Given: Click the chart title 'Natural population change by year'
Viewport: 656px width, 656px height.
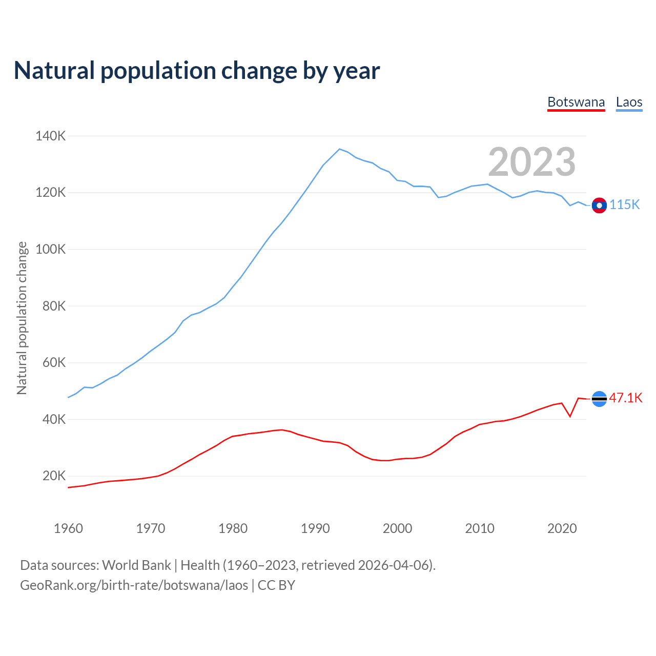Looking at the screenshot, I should pyautogui.click(x=197, y=71).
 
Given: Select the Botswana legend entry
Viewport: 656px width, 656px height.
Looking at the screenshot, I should pyautogui.click(x=576, y=102).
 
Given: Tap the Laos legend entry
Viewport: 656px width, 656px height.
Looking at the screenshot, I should pyautogui.click(x=629, y=102).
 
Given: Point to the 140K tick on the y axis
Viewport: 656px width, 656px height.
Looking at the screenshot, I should pyautogui.click(x=50, y=136).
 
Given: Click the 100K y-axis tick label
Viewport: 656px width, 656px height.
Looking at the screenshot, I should pyautogui.click(x=50, y=250).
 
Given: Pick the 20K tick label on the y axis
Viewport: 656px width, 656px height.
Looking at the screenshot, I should pyautogui.click(x=54, y=476).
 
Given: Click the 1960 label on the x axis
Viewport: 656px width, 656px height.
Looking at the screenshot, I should pyautogui.click(x=68, y=528).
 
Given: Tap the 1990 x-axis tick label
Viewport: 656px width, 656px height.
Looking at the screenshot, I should pyautogui.click(x=315, y=528).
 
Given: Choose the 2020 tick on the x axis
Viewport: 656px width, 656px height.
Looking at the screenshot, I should pyautogui.click(x=562, y=528).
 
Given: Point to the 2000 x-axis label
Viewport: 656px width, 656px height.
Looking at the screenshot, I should pyautogui.click(x=397, y=528).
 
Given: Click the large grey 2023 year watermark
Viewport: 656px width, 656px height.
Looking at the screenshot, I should pyautogui.click(x=531, y=162).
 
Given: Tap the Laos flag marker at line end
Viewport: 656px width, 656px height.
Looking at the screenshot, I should pyautogui.click(x=599, y=206).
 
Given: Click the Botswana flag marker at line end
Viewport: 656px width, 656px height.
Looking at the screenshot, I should pyautogui.click(x=599, y=399).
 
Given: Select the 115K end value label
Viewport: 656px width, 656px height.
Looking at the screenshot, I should pyautogui.click(x=625, y=205).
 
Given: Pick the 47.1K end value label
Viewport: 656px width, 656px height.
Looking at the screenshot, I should pyautogui.click(x=626, y=398).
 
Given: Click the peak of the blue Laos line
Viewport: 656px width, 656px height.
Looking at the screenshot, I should pyautogui.click(x=339, y=149).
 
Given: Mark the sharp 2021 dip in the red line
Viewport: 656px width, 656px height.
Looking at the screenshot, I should pyautogui.click(x=570, y=416).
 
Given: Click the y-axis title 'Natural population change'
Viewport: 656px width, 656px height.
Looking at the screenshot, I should pyautogui.click(x=22, y=318).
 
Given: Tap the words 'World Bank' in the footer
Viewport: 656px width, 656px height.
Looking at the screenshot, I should pyautogui.click(x=136, y=565).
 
